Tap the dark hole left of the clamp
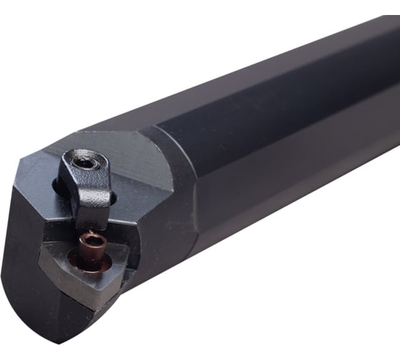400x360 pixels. click(57, 187)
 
